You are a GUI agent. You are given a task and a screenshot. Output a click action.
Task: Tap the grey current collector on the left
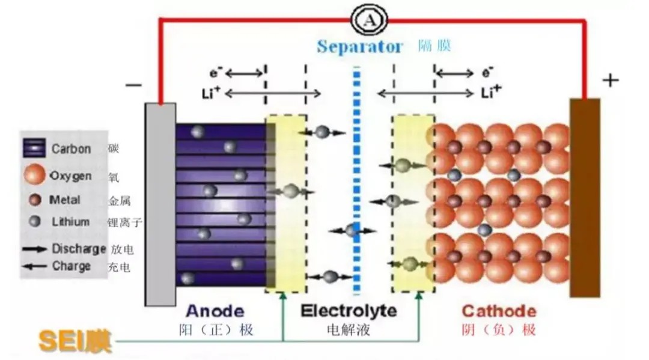160,204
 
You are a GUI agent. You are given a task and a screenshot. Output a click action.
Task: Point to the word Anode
215,311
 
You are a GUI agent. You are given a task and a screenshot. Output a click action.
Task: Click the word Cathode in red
499,311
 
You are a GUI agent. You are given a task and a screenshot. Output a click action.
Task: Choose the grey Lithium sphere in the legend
35,222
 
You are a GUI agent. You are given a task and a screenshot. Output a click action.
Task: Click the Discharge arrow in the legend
35,249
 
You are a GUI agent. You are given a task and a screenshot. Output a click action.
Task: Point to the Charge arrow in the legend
35,266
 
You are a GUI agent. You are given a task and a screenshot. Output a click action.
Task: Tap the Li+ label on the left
210,93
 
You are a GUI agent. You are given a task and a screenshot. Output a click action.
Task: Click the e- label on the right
487,73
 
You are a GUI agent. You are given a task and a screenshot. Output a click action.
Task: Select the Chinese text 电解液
349,330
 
